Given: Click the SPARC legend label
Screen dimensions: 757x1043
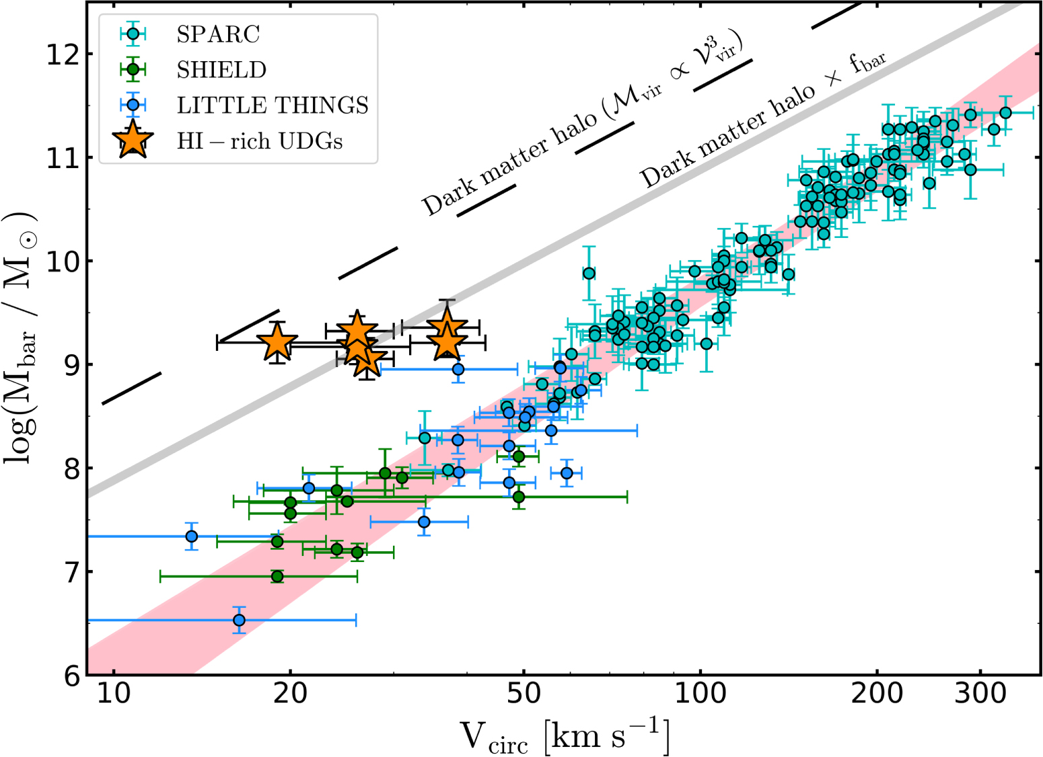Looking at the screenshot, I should pos(218,34).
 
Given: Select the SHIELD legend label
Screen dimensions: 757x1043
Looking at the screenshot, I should pos(221,70).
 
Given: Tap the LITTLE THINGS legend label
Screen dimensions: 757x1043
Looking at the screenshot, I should pos(273,106).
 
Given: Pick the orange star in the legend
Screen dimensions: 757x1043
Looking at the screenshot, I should pos(134,140).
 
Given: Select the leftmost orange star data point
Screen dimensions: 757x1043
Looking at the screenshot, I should pos(277,342).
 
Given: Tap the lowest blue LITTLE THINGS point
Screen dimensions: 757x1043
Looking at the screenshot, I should pos(239,620).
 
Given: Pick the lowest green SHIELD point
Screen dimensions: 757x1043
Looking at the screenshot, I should pos(277,576).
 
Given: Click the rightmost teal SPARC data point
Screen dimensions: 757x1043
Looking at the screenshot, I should pos(1005,113).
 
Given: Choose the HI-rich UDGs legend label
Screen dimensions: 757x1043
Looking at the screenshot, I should pos(260,141).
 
